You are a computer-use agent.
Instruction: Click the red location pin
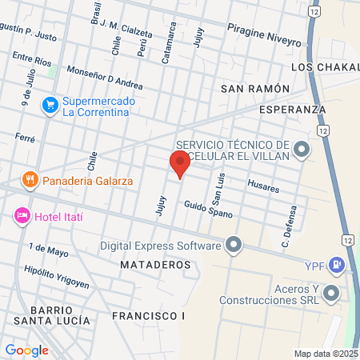[x=179, y=163]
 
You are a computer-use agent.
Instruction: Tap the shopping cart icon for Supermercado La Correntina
[x=50, y=104]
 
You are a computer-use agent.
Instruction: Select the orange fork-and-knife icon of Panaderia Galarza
[x=30, y=179]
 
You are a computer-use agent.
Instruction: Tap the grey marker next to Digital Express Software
[x=234, y=244]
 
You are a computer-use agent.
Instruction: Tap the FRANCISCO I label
[x=148, y=316]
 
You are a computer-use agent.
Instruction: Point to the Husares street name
[x=263, y=187]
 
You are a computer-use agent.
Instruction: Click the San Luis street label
[x=216, y=189]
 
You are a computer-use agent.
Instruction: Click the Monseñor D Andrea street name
[x=105, y=77]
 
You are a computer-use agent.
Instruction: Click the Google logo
[x=26, y=350]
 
